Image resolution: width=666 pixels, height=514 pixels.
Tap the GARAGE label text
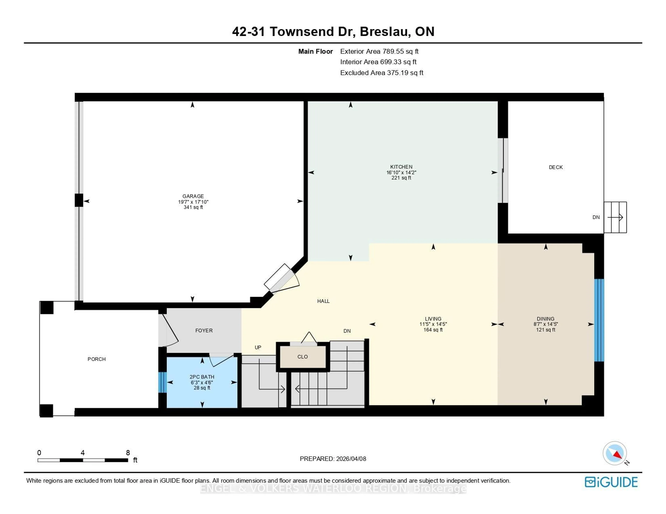(193, 196)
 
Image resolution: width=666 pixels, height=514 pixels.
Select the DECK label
(556, 167)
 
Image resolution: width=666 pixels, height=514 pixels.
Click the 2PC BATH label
(202, 377)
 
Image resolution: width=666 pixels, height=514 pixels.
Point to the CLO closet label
(302, 357)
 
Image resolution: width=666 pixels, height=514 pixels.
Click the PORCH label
(97, 359)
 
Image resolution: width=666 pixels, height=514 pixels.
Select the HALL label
(323, 301)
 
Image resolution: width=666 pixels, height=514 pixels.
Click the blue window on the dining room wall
(599, 320)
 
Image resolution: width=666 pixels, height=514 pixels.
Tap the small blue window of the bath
(162, 382)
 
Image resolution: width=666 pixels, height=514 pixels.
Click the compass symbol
(615, 453)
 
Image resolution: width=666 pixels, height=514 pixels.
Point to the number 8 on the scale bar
(128, 453)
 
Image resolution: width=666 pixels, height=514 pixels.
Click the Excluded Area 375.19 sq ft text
(382, 73)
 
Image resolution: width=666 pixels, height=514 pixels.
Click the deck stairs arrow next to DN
(615, 217)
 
